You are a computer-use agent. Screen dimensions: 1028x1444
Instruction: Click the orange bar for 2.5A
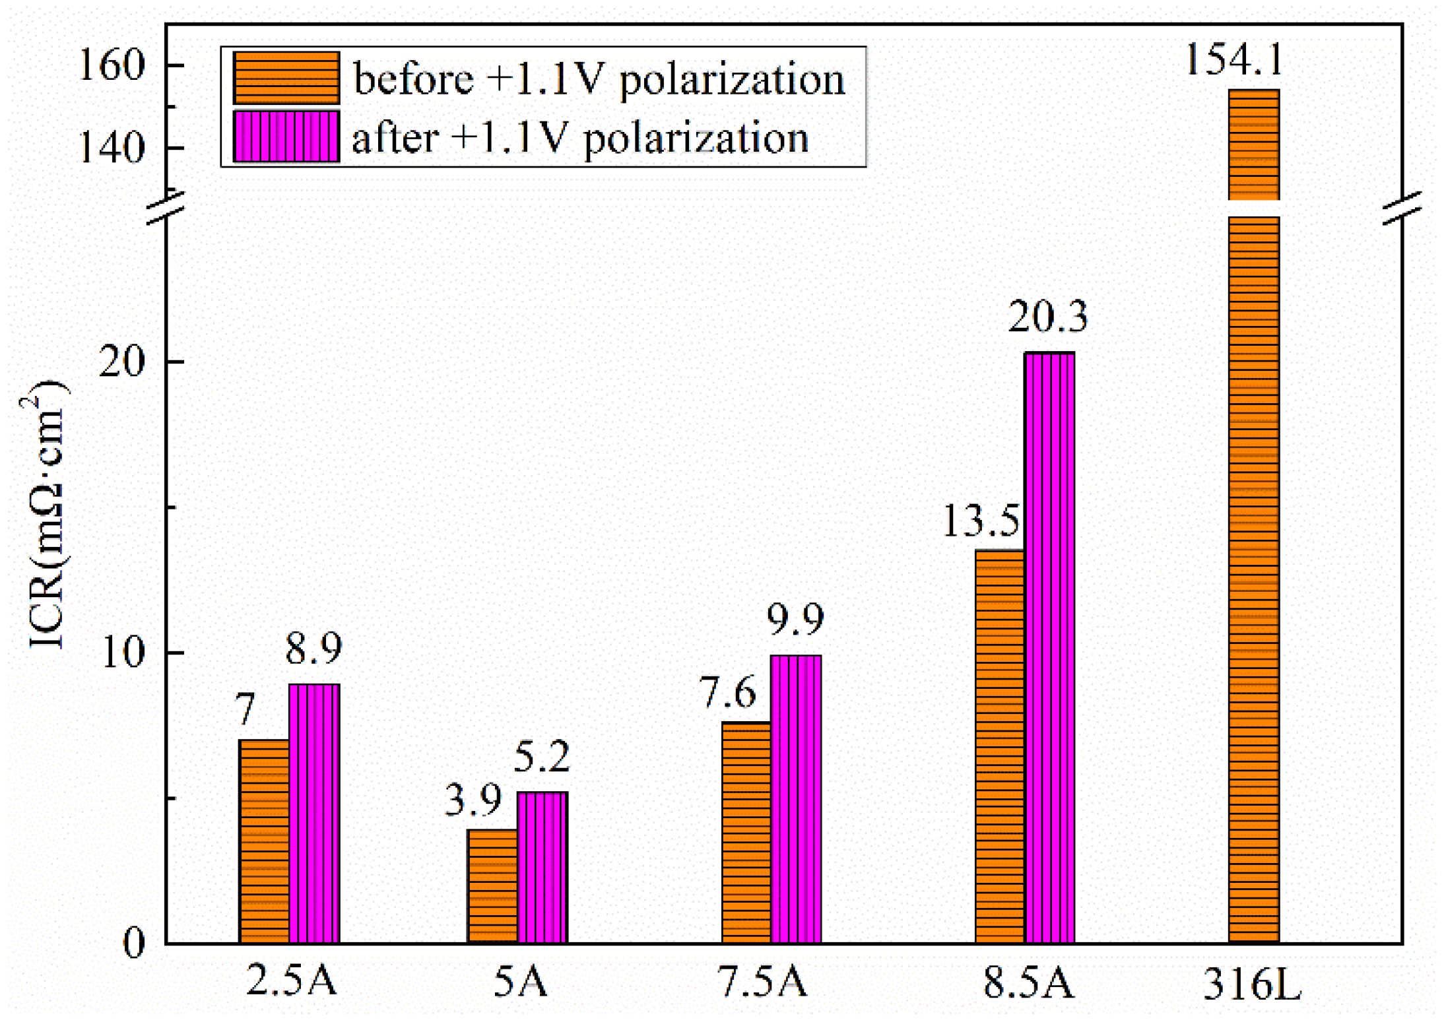(x=264, y=841)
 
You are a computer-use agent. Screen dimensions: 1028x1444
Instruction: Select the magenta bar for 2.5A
(x=314, y=813)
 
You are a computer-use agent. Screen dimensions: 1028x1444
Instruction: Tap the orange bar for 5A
(x=492, y=886)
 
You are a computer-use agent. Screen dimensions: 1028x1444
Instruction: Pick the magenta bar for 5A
(x=542, y=867)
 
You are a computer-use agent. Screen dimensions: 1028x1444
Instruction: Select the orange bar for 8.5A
(x=1000, y=746)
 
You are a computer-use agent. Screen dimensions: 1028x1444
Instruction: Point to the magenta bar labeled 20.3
(x=1049, y=647)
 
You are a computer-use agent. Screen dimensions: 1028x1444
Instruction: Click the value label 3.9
(x=473, y=800)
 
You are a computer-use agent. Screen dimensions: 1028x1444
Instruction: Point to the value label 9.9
(x=795, y=619)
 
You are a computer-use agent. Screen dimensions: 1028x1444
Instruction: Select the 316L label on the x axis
(x=1252, y=985)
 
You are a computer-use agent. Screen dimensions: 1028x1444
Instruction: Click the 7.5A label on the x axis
(x=762, y=981)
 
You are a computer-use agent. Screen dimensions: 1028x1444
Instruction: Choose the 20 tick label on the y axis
(x=121, y=362)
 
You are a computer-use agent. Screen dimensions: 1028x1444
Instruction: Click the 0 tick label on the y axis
(x=134, y=944)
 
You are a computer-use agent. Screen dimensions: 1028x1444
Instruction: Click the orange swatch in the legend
(x=286, y=78)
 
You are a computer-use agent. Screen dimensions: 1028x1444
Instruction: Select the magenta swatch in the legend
(x=286, y=137)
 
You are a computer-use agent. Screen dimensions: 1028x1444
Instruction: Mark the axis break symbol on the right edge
(x=1402, y=208)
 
